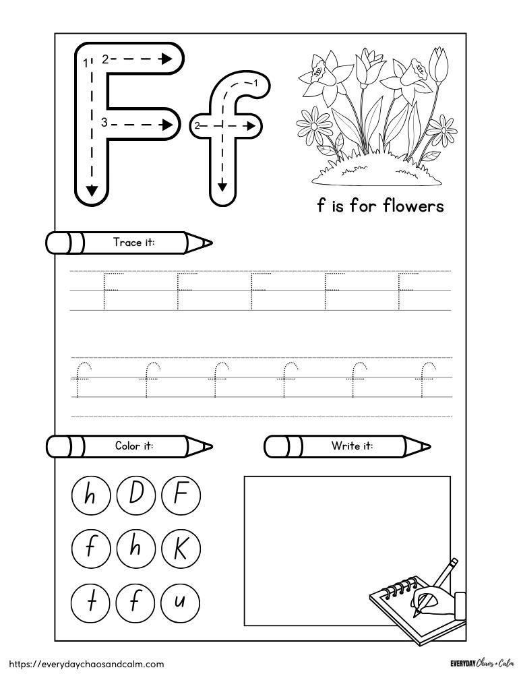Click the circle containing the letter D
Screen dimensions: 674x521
[135, 497]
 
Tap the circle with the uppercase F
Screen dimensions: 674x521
[180, 497]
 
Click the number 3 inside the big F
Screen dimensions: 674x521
[104, 122]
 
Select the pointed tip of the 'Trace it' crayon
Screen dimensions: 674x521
[207, 243]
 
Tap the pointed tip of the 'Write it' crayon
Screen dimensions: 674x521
[425, 446]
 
